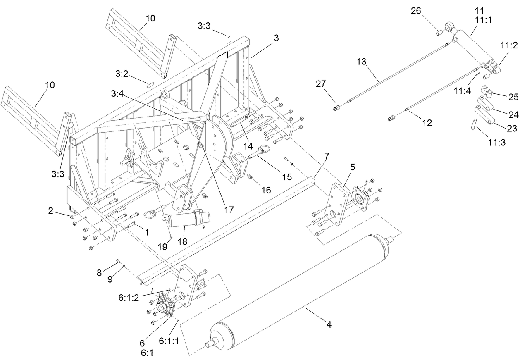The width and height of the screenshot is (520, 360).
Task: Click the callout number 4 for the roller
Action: pos(329,325)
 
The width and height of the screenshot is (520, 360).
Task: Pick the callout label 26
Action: pos(415,11)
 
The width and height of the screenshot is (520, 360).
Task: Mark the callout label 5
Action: pos(352,167)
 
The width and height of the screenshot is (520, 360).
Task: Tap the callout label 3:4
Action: pos(117,94)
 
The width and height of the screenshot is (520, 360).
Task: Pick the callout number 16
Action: pos(266,190)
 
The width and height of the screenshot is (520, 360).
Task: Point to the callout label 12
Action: pos(427,123)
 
